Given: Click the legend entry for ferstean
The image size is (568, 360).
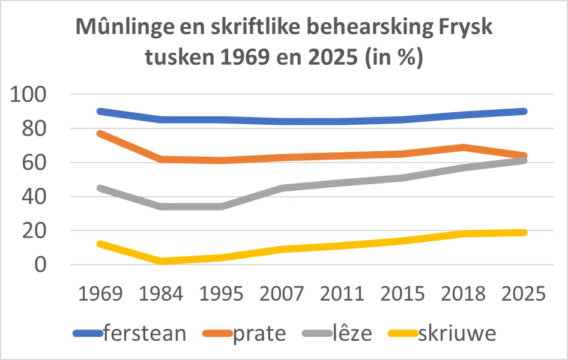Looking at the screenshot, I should tap(144, 333).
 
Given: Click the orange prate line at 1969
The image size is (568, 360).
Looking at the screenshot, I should tap(100, 133).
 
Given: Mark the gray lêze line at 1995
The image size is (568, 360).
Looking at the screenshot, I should tap(221, 206).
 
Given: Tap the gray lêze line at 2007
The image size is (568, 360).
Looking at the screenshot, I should tap(282, 188).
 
